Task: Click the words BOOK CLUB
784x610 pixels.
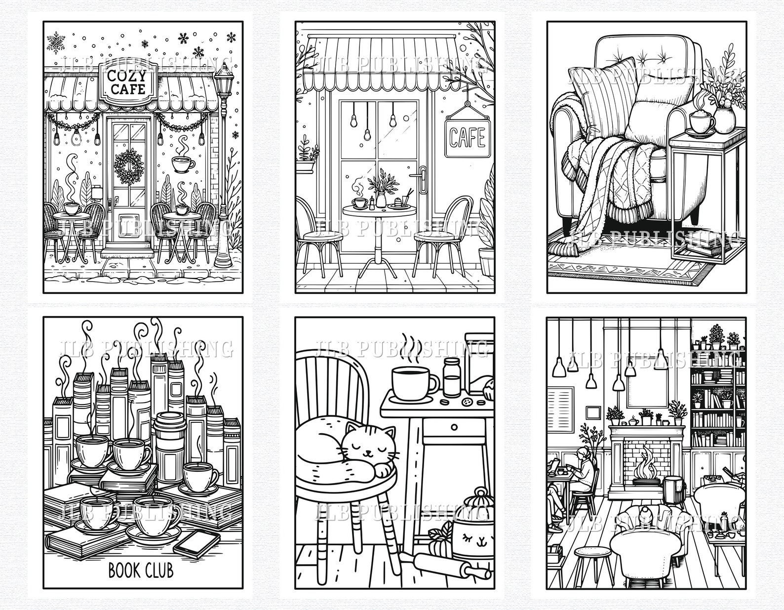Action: (x=141, y=570)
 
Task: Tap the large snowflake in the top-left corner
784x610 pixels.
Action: (x=56, y=42)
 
